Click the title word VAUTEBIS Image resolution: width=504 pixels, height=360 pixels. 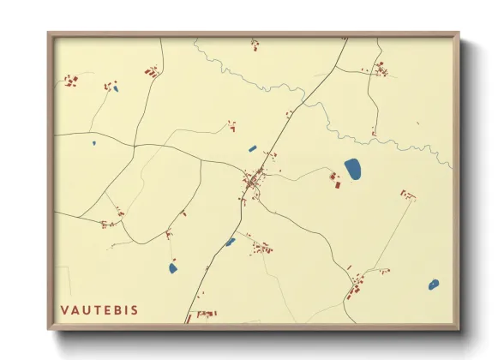(99, 309)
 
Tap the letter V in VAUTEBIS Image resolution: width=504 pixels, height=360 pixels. (64, 309)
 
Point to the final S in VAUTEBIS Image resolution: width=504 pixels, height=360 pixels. (134, 309)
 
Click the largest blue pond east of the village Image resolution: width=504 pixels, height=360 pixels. (352, 169)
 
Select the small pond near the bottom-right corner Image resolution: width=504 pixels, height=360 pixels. (434, 284)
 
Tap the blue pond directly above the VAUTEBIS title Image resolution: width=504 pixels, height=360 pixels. (174, 267)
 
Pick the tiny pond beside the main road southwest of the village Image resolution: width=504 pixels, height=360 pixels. (230, 242)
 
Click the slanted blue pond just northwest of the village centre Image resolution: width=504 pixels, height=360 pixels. (252, 148)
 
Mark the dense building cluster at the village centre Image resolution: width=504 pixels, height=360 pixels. (254, 182)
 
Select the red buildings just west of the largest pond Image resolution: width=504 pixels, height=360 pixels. (334, 178)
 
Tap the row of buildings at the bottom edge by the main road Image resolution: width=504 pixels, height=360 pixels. (203, 315)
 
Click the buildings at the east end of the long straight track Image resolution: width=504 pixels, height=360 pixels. (407, 195)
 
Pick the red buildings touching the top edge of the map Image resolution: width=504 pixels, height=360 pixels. (255, 42)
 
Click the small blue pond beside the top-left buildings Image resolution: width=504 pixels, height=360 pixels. (115, 87)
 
